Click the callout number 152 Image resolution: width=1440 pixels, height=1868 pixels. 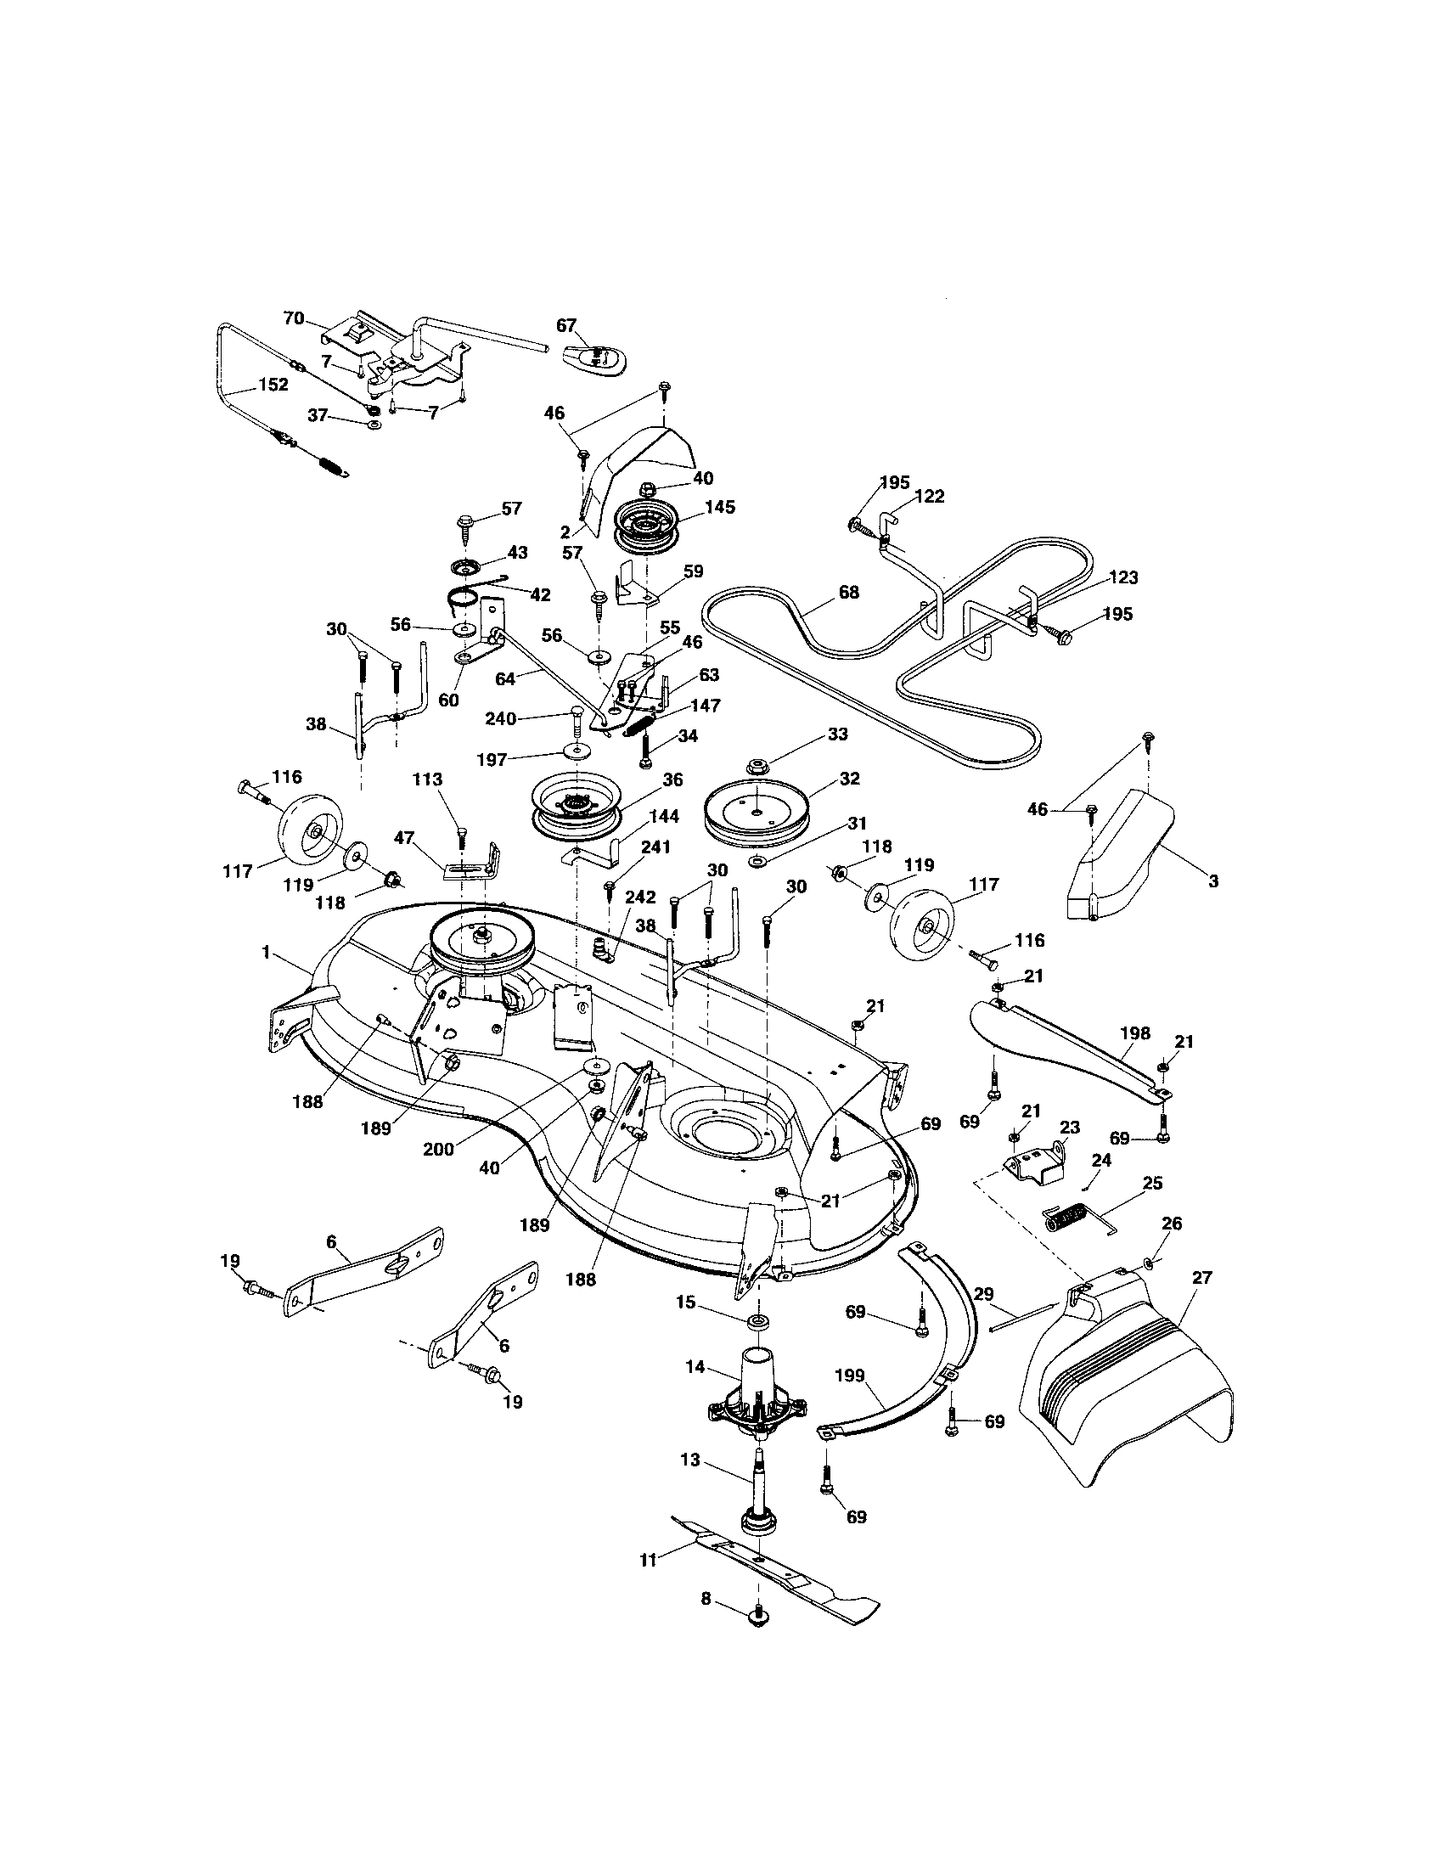(273, 384)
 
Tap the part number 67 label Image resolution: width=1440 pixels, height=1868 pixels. (566, 326)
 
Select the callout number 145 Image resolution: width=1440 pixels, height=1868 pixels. (720, 506)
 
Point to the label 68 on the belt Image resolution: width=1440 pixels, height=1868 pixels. (848, 592)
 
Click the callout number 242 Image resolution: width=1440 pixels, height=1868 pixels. (639, 897)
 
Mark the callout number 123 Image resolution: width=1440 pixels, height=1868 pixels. (1122, 578)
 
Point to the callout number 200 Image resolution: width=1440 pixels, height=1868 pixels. (439, 1150)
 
